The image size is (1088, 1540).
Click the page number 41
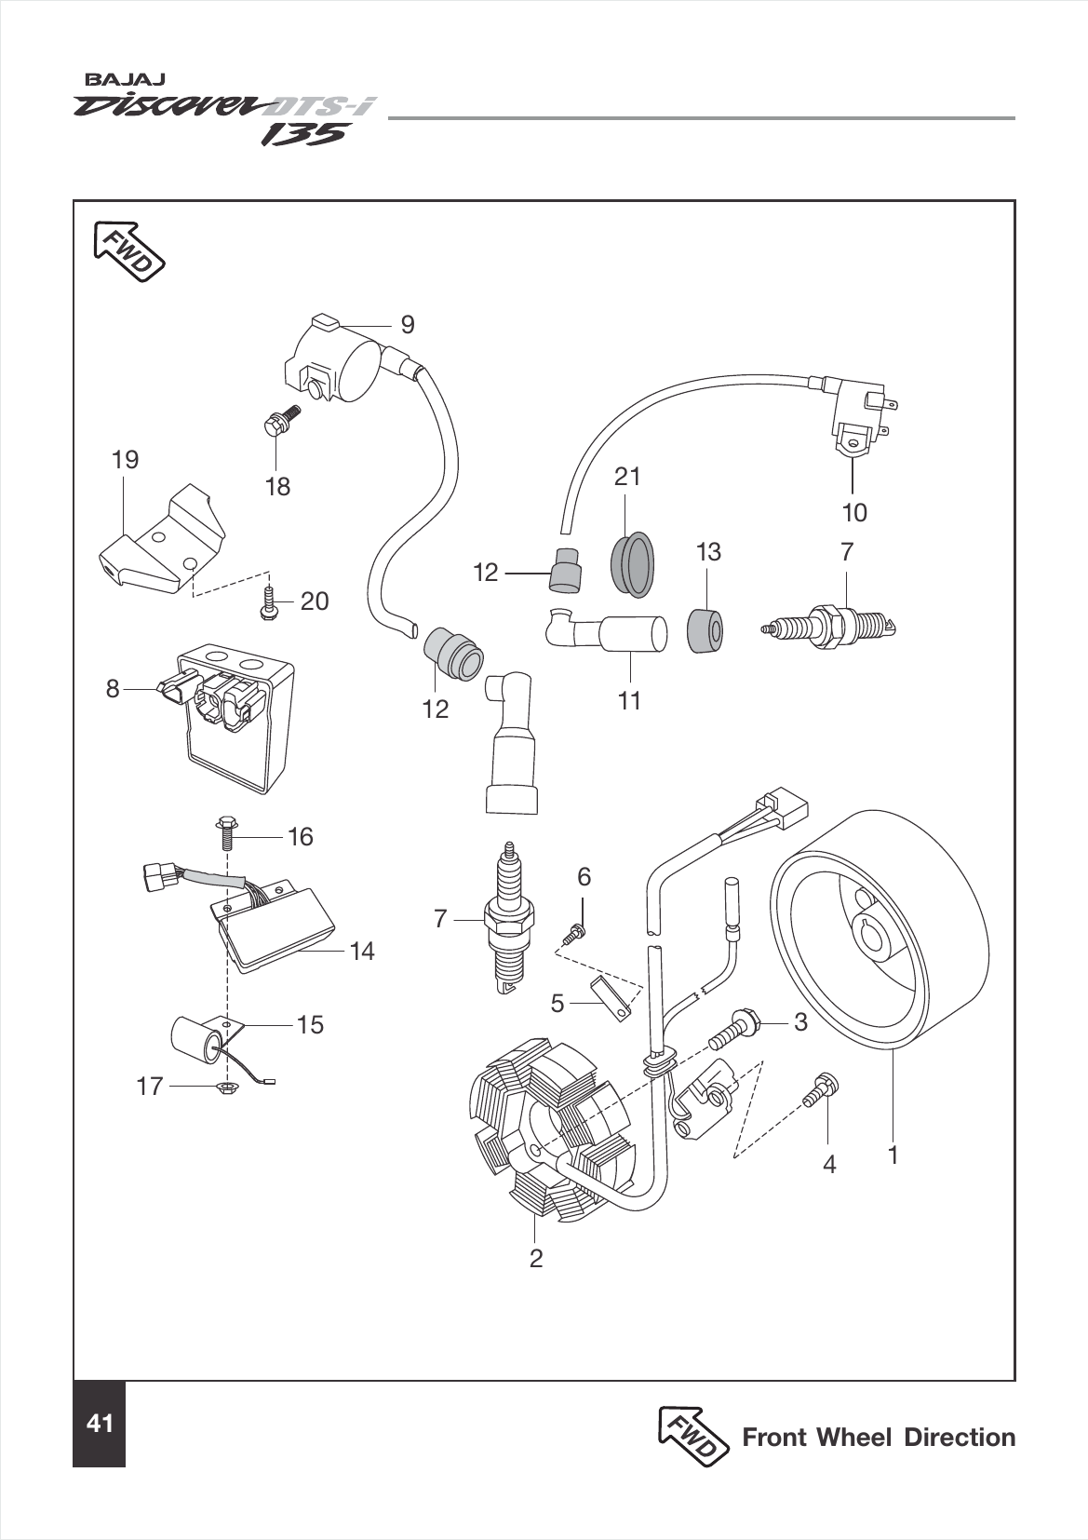99,1424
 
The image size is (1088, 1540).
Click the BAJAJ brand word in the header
114,81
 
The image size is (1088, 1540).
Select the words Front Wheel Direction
878,1437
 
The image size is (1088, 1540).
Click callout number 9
407,324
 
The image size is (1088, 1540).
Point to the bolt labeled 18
278,421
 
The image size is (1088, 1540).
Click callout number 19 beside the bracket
125,459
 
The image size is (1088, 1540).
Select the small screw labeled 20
268,601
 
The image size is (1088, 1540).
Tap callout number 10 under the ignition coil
853,512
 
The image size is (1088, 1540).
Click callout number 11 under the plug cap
630,700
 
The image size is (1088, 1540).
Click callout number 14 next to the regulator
362,951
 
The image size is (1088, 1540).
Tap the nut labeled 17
223,1087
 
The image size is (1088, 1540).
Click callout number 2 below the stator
535,1258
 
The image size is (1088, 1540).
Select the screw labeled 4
820,1089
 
